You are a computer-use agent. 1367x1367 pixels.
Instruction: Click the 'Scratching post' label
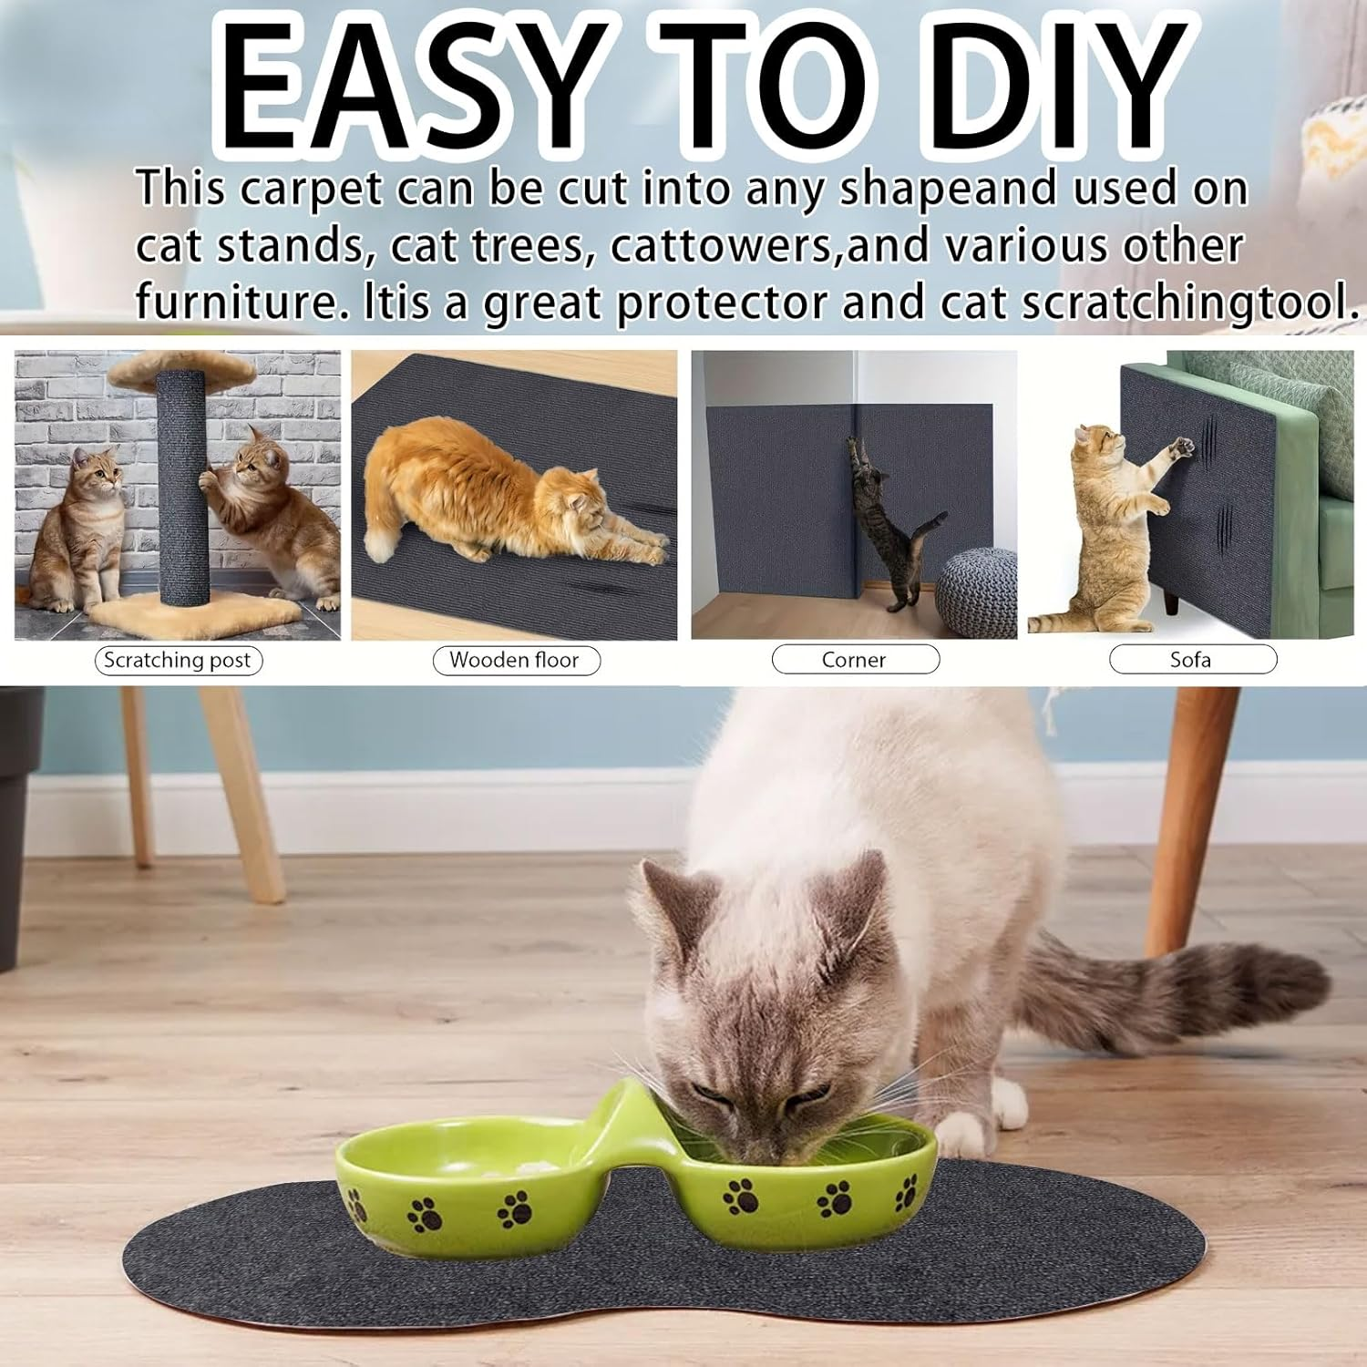coord(178,660)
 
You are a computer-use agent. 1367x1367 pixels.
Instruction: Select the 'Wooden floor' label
coord(514,660)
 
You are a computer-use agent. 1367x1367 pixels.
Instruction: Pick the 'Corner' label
coord(854,660)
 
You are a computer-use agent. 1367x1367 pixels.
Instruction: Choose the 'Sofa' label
coord(1191,660)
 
